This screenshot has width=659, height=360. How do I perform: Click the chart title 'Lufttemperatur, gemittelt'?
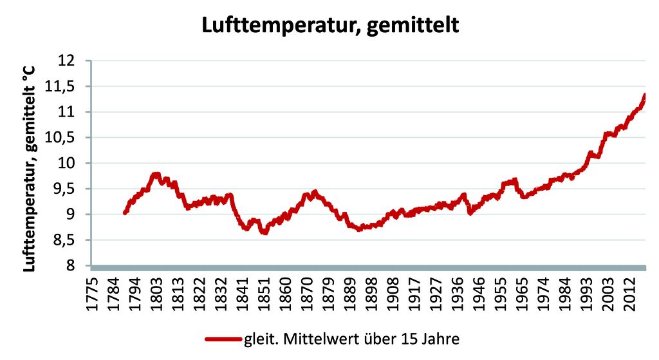pos(329,25)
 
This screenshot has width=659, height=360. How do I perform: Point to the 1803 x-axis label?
pos(155,293)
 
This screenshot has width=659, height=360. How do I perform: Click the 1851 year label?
pos(263,293)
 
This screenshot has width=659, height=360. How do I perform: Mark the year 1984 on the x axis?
pos(565,293)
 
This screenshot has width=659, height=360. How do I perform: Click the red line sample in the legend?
pos(223,339)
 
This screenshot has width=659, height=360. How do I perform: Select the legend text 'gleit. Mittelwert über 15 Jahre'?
pos(351,339)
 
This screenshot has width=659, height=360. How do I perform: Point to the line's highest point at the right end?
pos(644,95)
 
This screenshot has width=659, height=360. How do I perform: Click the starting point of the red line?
pos(124,213)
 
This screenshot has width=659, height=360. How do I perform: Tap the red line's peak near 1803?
pos(155,174)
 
